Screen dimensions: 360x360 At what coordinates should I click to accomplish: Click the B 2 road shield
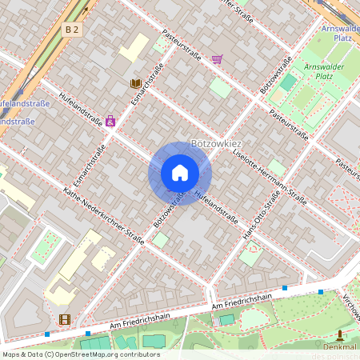(72, 29)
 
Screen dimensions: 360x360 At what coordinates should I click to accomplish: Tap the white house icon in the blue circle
(180, 174)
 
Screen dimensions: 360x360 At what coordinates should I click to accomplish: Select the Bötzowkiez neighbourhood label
(217, 143)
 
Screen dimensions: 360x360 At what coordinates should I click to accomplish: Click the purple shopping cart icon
(217, 59)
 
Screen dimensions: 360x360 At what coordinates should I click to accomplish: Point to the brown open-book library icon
(136, 83)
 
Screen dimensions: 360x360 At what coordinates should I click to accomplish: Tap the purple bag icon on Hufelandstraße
(110, 122)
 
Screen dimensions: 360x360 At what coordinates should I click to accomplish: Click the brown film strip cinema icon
(64, 319)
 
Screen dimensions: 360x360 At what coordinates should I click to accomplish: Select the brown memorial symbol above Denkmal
(341, 335)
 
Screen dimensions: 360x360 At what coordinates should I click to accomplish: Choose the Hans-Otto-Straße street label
(261, 217)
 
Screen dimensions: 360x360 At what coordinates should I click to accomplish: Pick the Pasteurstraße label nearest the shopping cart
(182, 45)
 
